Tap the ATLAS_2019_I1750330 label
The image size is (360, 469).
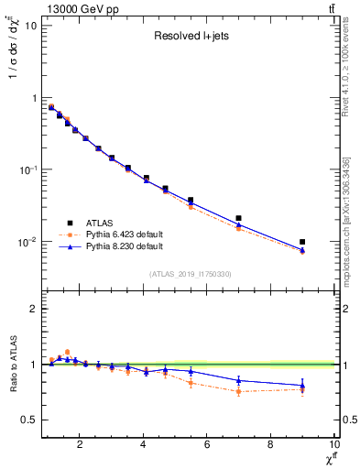190,274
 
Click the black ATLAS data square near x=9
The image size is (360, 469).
302,242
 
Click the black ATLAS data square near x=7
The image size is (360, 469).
239,218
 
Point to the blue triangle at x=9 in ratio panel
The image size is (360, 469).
302,385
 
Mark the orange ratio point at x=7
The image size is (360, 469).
239,391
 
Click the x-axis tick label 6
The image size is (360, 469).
207,445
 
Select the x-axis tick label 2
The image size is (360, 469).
81,445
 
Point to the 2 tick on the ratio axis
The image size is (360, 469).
33,309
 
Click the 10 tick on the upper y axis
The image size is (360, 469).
30,25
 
